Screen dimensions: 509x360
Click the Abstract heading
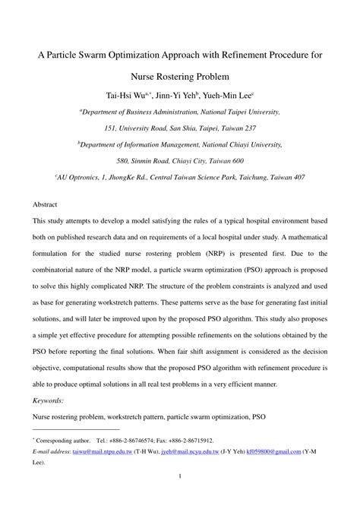click(45, 205)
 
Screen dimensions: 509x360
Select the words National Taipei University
click(240, 112)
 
